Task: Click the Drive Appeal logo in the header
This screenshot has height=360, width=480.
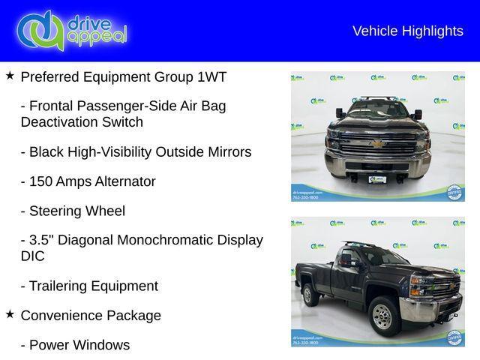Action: click(72, 30)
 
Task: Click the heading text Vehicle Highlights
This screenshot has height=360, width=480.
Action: click(407, 31)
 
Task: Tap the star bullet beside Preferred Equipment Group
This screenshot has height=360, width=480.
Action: click(10, 76)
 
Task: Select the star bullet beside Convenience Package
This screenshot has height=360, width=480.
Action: click(10, 314)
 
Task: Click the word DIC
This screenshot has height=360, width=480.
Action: click(33, 256)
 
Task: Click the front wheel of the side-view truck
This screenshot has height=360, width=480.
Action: click(384, 316)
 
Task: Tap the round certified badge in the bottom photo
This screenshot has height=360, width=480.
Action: click(454, 337)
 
